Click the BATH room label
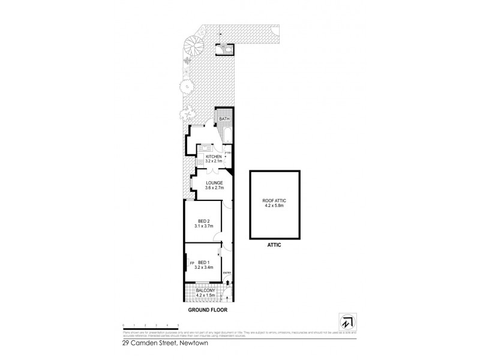point(224,119)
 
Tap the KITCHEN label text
point(214,157)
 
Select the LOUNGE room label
point(214,183)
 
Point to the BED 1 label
point(204,262)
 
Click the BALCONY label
point(205,290)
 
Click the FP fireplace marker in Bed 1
point(192,263)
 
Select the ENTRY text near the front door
point(227,274)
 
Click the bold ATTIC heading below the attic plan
point(274,245)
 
